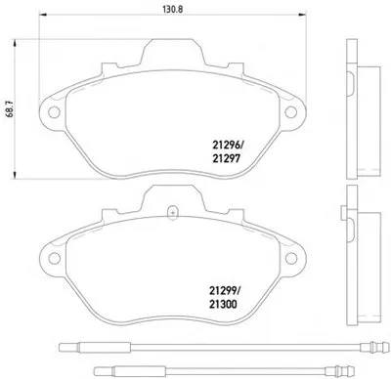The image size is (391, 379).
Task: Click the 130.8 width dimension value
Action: point(173,10)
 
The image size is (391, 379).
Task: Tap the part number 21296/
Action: point(228,144)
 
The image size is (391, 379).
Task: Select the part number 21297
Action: point(227,158)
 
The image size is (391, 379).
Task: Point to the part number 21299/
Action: point(227,289)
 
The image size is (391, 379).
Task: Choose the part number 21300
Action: point(223,304)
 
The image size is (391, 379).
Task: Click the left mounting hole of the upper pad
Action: point(54,112)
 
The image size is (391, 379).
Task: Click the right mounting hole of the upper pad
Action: point(290,112)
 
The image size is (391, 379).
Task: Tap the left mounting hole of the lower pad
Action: point(54,259)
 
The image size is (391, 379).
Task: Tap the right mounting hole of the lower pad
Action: point(291,259)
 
